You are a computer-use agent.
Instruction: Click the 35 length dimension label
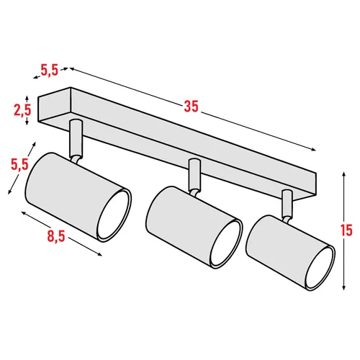[x=190, y=107]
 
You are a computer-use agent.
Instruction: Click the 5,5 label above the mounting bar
[x=49, y=71]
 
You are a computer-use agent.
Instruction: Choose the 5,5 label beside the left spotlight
[x=19, y=163]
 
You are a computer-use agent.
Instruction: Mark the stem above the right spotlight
[x=287, y=204]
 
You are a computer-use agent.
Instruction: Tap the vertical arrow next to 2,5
[x=27, y=110]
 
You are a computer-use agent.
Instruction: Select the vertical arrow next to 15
[x=339, y=230]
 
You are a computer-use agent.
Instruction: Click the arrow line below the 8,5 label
[x=60, y=230]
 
